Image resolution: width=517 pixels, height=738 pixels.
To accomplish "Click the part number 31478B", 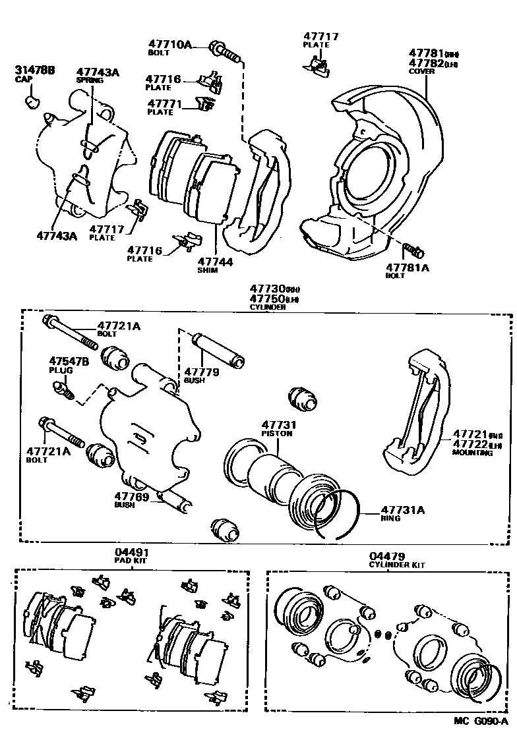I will [34, 70].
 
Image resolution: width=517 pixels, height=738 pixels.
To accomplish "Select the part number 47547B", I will [67, 361].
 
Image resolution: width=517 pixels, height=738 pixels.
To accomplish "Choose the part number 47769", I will [132, 497].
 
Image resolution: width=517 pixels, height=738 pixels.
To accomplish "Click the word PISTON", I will [276, 434].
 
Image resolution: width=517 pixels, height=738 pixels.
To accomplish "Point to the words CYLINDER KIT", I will [396, 565].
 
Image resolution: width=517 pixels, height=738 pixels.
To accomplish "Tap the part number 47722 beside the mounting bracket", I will [469, 445].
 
